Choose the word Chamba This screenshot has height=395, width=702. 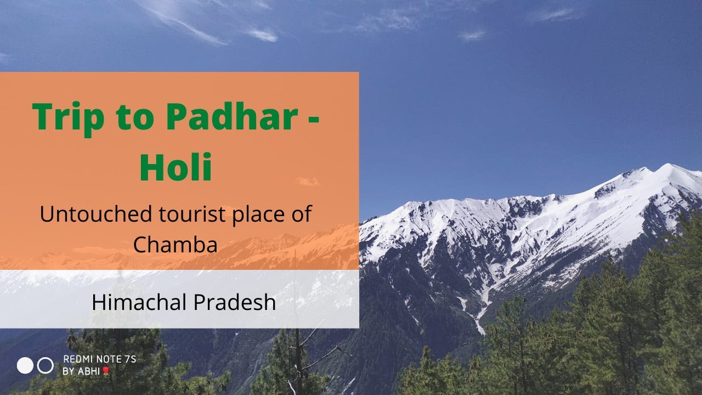coord(175,245)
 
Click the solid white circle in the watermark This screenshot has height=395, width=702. coord(25,365)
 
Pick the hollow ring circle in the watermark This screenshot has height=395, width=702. coord(46,365)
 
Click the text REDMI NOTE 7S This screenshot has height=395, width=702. coord(100,359)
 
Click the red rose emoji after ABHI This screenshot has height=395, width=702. coord(106,371)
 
